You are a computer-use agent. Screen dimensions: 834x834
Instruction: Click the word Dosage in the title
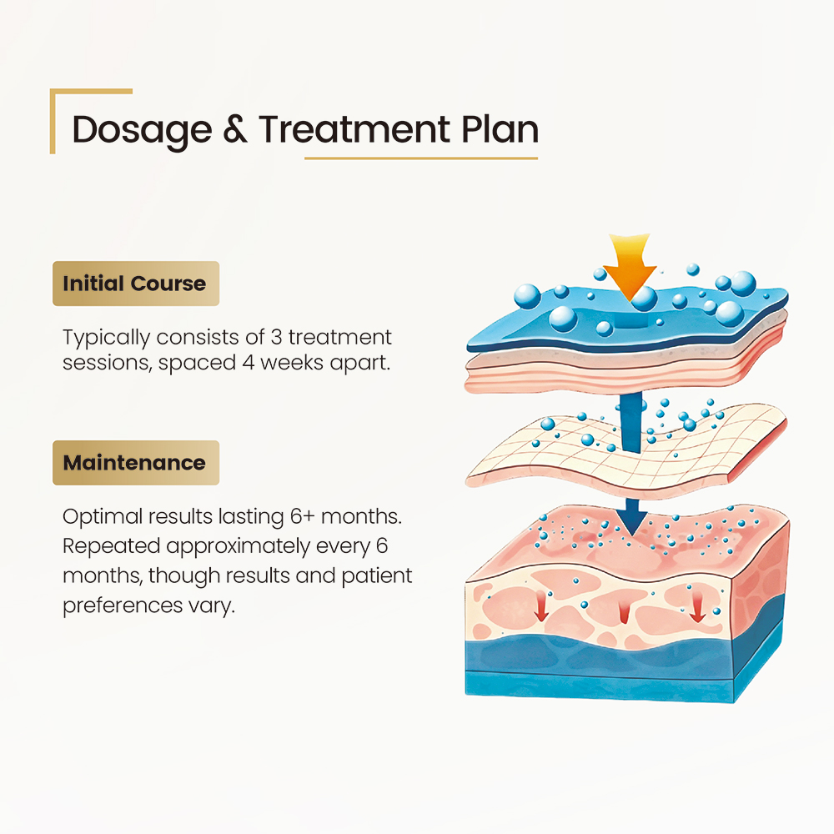[x=142, y=130]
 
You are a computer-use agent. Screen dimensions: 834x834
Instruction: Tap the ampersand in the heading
[x=235, y=129]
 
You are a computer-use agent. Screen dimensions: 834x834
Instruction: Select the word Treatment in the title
[x=354, y=129]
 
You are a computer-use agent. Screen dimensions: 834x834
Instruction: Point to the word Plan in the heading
[x=500, y=129]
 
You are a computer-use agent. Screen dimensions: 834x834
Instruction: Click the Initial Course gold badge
[x=136, y=284]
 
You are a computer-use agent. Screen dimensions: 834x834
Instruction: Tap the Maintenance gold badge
[x=136, y=463]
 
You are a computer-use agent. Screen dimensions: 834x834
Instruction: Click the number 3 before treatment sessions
[x=276, y=337]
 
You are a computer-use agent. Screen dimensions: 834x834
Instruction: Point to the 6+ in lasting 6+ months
[x=303, y=516]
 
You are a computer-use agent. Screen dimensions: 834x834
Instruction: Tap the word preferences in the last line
[x=123, y=605]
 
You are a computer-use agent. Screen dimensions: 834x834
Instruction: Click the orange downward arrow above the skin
[x=630, y=266]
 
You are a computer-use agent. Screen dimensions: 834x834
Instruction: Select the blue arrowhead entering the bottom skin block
[x=632, y=517]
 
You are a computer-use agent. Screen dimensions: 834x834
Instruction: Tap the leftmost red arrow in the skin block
[x=541, y=606]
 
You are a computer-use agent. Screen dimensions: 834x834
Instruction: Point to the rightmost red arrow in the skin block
[x=697, y=607]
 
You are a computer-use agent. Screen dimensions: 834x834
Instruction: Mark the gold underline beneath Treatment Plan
[x=421, y=158]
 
